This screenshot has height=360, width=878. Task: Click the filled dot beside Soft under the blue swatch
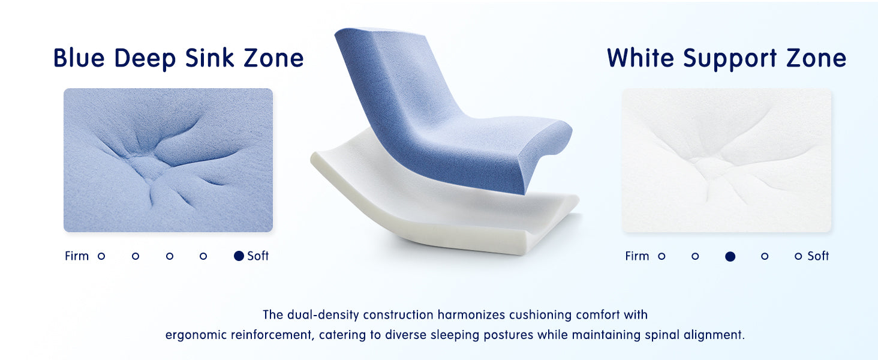tap(239, 256)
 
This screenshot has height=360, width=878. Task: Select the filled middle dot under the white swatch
tap(730, 256)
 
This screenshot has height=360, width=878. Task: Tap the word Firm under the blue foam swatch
tap(77, 256)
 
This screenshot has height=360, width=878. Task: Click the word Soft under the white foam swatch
tap(818, 256)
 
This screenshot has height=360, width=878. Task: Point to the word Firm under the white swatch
tap(638, 256)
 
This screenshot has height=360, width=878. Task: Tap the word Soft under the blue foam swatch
tap(258, 256)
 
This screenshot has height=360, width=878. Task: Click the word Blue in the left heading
tap(79, 58)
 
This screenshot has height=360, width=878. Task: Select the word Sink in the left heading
tap(210, 58)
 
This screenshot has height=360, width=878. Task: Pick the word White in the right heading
tap(641, 58)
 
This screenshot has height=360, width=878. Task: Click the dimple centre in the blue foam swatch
tap(147, 167)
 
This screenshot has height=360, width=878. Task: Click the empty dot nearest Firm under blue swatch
tap(101, 256)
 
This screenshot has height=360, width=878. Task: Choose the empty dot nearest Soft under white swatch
tap(798, 256)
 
